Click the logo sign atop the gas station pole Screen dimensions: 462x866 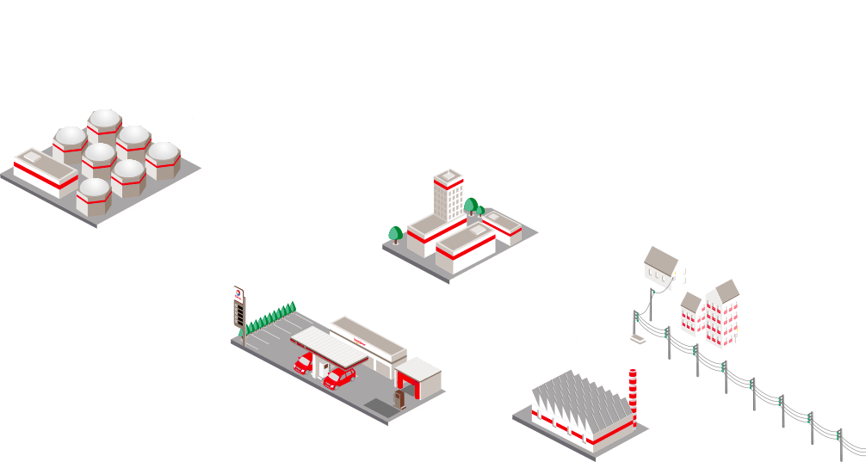pos(238,293)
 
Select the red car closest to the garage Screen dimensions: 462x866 pos(339,378)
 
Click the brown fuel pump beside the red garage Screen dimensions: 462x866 pos(399,398)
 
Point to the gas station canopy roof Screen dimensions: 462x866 pos(329,343)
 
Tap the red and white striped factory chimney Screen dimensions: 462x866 pos(633,397)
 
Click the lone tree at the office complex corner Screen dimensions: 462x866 pos(395,233)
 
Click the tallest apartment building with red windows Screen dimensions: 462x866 pos(722,314)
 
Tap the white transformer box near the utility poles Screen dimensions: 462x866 pos(637,341)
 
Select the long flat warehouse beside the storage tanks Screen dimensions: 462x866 pos(45,172)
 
